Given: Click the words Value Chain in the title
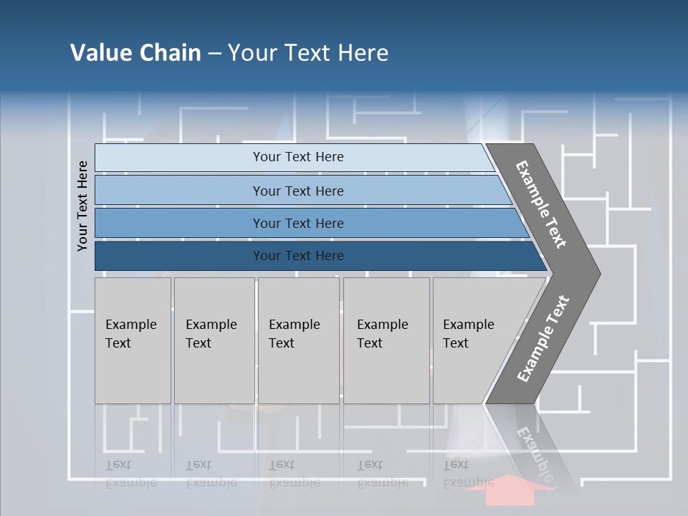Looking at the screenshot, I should pos(135,52).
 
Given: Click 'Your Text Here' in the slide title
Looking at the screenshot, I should pos(307,52).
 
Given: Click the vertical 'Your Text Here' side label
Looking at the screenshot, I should pos(82,206).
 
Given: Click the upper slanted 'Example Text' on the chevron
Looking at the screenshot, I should pos(541,204).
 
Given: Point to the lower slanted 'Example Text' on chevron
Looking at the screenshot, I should pos(543,339).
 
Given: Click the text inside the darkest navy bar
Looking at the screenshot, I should pos(298,256).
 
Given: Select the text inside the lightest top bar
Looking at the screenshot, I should pos(298,157).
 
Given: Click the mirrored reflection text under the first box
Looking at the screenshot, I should pos(130,474).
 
